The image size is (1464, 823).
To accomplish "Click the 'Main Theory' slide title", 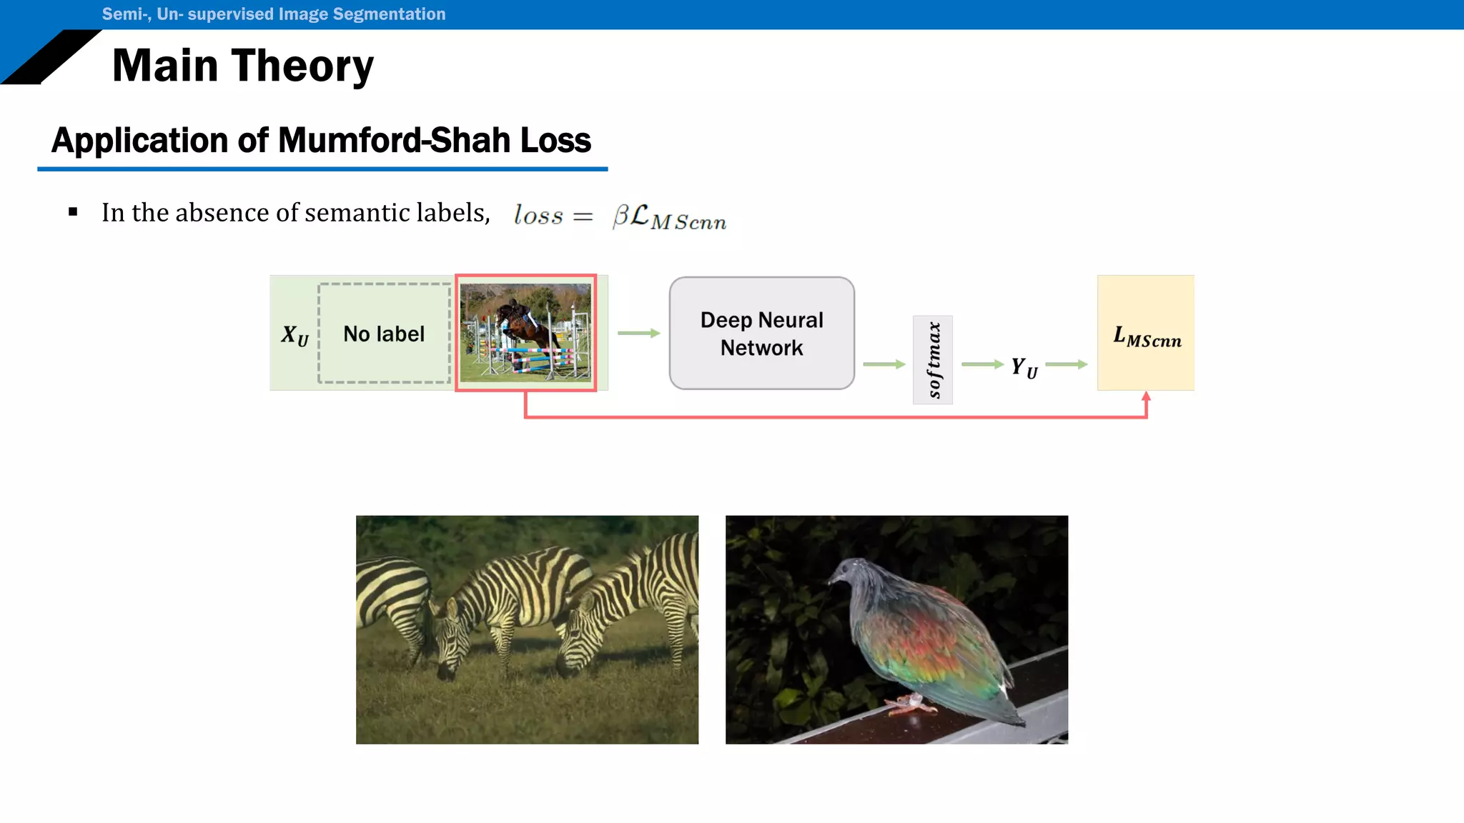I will coord(243,66).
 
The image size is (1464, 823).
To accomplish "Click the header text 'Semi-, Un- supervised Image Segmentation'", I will coord(273,14).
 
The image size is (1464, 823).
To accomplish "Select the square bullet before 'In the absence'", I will coord(73,212).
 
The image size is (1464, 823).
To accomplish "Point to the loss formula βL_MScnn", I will coord(669,216).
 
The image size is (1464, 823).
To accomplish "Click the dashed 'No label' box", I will coord(384,334).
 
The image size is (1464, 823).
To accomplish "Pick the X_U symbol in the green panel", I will coord(295,335).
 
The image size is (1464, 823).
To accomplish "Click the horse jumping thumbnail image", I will coord(525,333).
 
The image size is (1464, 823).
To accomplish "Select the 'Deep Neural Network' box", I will coord(761,334).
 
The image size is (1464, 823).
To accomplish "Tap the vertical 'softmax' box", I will coord(932,360).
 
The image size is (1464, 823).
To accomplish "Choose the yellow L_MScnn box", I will coord(1146,333).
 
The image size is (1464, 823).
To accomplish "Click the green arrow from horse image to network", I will coord(638,333).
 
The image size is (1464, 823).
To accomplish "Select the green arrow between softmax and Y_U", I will coord(982,364).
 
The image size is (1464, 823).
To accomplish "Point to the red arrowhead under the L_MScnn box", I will coord(1146,396).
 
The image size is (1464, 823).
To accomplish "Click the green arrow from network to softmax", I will coord(884,364).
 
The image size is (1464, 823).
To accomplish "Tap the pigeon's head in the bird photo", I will coord(848,573).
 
